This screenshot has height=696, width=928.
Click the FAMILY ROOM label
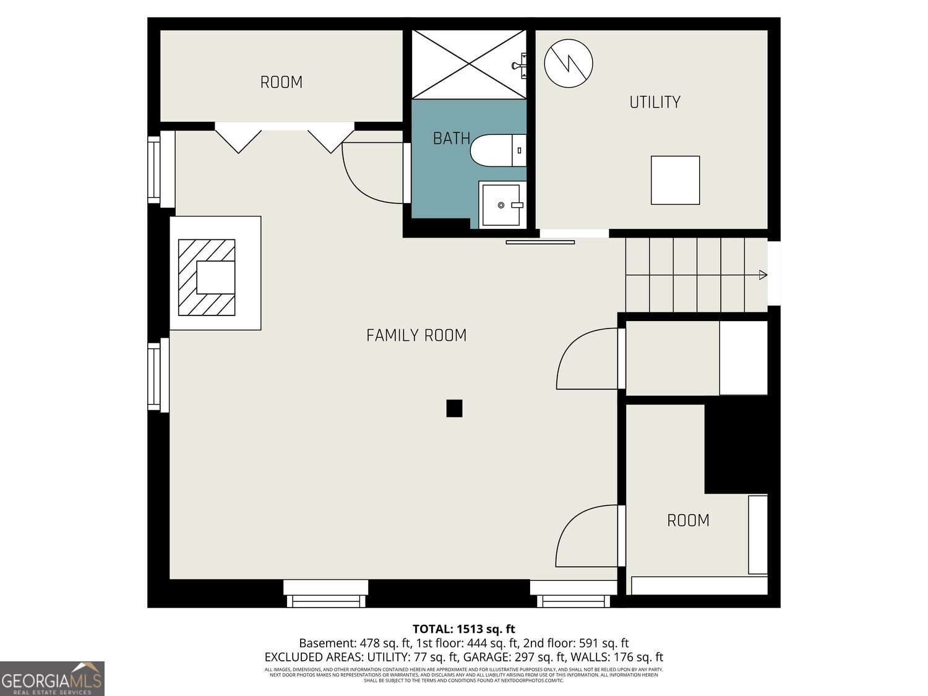[416, 335]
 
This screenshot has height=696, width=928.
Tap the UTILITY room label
[655, 102]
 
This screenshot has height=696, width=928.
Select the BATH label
[451, 138]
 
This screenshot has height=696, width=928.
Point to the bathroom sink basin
[502, 205]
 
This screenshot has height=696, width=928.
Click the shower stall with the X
[468, 64]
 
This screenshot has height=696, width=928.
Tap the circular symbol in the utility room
[568, 63]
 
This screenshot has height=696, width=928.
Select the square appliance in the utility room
[675, 180]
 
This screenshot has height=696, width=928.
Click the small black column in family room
[454, 408]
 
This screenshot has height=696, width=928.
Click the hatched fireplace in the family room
[207, 277]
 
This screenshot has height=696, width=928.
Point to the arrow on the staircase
[763, 275]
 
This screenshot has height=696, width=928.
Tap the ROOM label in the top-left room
[281, 82]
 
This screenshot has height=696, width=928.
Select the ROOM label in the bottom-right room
[687, 520]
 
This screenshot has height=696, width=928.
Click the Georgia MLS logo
[52, 679]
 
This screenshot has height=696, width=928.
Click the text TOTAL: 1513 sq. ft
[463, 629]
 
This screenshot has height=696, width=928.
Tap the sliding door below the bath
[540, 242]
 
